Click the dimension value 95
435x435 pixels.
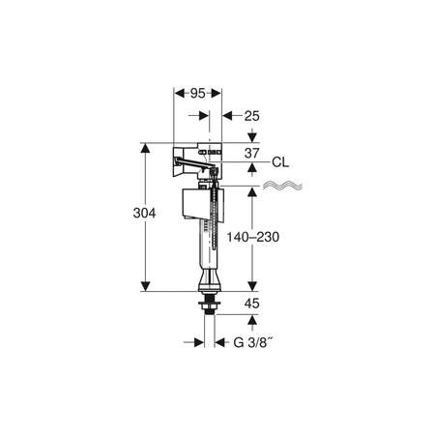click(197, 94)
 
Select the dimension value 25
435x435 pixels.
click(251, 116)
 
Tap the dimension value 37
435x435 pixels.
click(251, 154)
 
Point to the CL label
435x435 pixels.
click(280, 162)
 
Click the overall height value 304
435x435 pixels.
click(144, 213)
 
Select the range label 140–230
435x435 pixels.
click(253, 237)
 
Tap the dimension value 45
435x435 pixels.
click(251, 304)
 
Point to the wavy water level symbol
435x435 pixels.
click(283, 186)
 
